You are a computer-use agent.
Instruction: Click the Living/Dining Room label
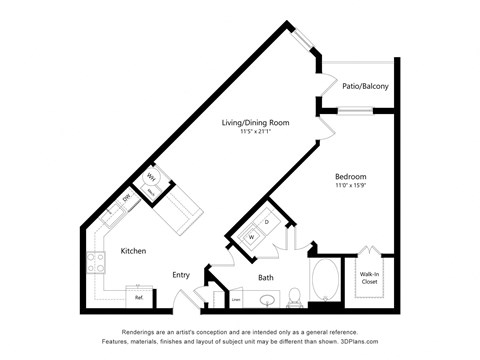point(255,123)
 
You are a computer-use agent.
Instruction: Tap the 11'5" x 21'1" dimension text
point(255,132)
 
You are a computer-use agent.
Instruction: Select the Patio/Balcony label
point(365,86)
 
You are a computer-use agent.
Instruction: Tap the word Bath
point(266,277)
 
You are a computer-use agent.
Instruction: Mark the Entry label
point(181,275)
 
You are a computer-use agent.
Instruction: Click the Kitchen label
point(136,252)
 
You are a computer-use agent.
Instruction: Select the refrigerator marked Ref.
point(139,297)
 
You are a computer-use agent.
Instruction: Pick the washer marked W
point(252,236)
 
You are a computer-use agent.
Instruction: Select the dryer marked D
point(267,221)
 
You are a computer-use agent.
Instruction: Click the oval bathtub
point(325,280)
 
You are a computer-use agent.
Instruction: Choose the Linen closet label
point(236,298)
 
